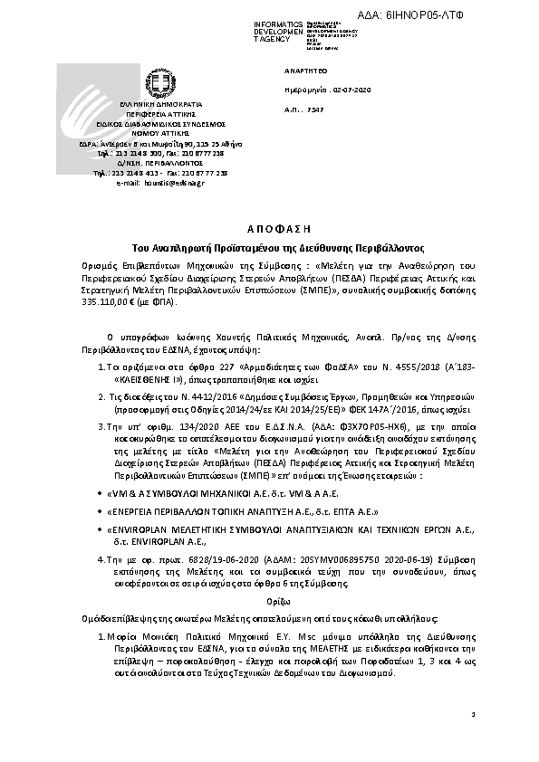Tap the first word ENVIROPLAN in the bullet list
pyautogui.click(x=137, y=529)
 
